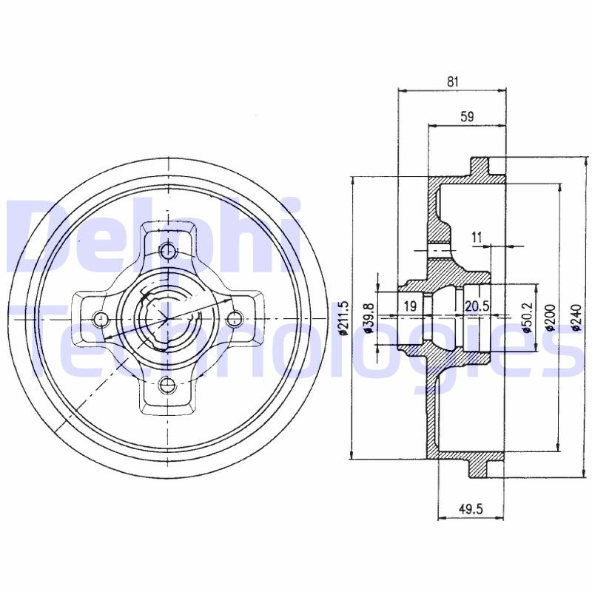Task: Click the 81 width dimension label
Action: click(452, 81)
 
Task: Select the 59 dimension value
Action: click(467, 117)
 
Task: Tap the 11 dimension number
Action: click(477, 238)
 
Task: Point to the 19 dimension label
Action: click(411, 306)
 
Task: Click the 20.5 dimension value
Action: click(477, 306)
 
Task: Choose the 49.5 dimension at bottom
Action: click(471, 509)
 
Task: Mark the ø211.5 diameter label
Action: click(343, 318)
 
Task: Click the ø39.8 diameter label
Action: click(369, 319)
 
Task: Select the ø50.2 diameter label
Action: click(528, 317)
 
